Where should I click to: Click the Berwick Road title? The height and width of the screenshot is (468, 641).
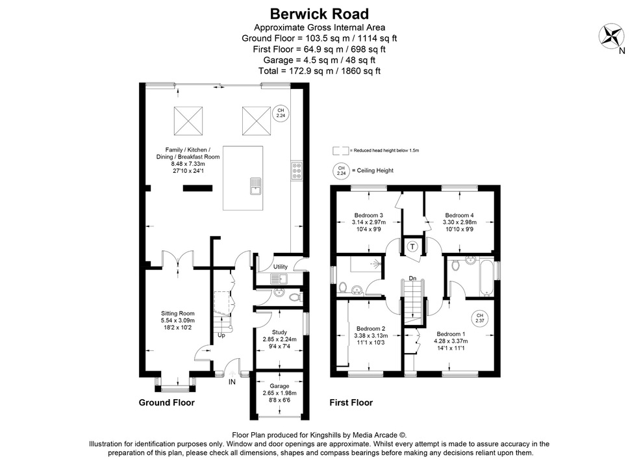(319, 13)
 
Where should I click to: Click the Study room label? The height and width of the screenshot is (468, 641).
(279, 332)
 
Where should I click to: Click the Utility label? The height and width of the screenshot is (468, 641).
(280, 267)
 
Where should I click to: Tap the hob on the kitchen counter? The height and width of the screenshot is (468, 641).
(297, 170)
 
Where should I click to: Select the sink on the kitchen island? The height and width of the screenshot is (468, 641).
(255, 186)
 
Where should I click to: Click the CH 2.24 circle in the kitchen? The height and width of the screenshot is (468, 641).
(281, 114)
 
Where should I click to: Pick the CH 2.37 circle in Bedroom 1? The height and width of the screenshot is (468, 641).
(480, 318)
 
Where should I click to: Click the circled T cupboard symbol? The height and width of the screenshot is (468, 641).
(411, 246)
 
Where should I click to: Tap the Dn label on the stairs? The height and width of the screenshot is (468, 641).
(412, 279)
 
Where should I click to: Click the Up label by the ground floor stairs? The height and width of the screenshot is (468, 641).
(221, 335)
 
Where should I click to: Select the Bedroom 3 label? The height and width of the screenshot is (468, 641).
(368, 215)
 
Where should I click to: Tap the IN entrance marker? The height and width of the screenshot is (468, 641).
(232, 382)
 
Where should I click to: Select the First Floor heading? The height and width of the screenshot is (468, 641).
(351, 402)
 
